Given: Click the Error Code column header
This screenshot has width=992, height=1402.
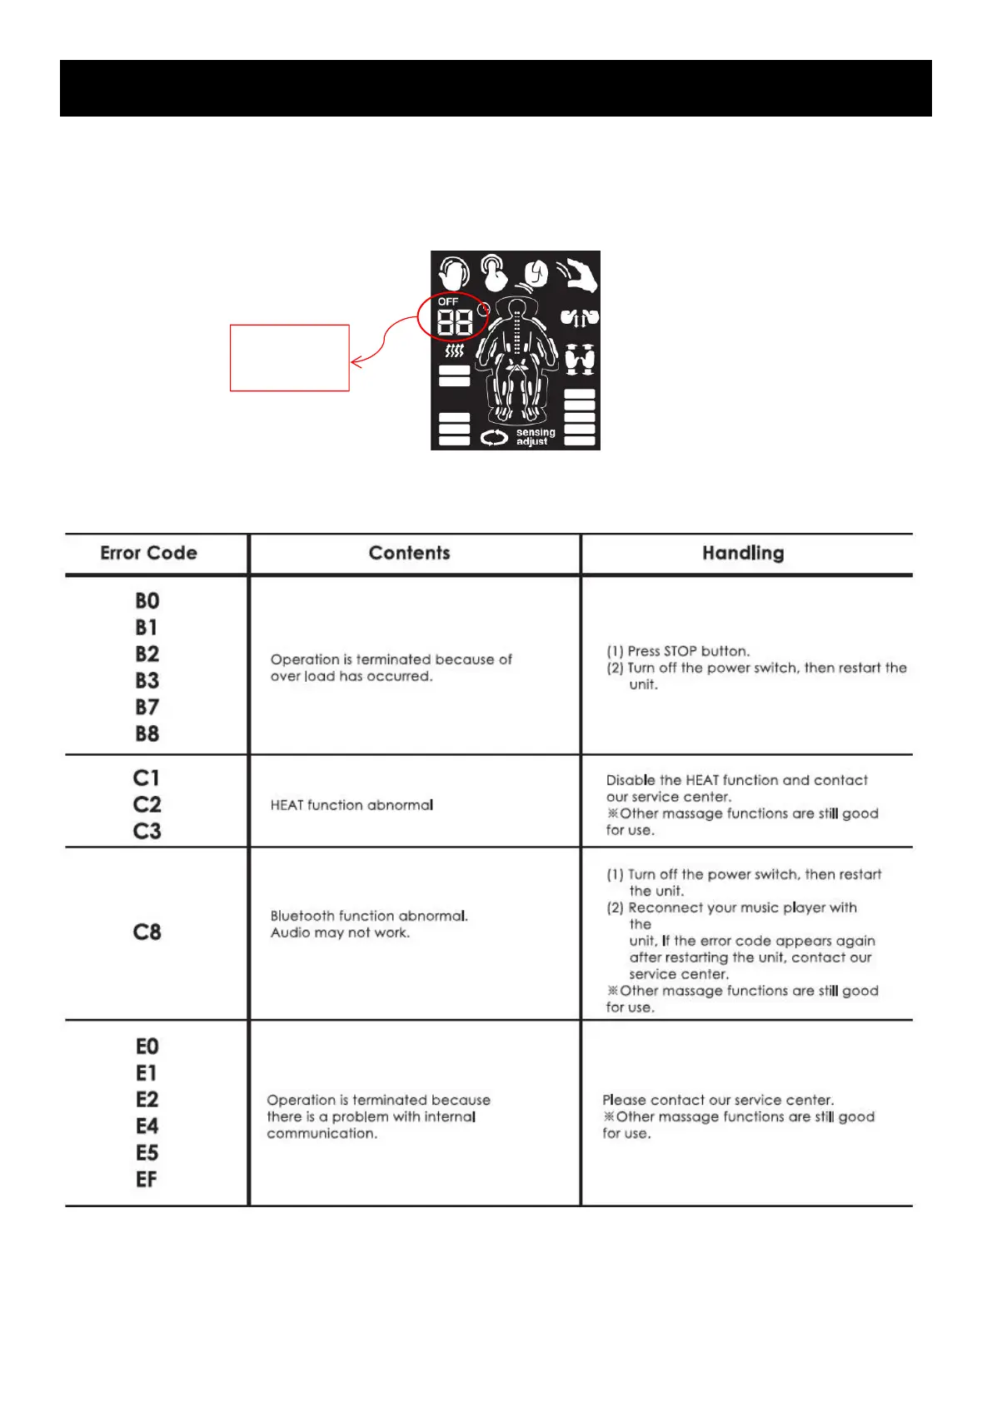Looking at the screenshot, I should pos(148,554).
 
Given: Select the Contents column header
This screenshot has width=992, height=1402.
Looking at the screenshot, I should pos(409,554).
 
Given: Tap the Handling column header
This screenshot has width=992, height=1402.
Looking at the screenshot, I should pos(743,554).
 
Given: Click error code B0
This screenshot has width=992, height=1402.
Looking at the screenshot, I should pos(147,601).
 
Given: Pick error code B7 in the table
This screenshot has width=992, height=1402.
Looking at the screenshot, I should pos(147,708).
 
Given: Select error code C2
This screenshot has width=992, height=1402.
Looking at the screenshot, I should pos(147,805).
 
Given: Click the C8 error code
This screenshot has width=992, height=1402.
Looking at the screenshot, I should pos(147,932).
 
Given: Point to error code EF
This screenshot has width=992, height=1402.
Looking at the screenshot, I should pos(147,1180).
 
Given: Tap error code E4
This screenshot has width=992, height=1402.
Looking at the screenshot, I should pos(147,1126).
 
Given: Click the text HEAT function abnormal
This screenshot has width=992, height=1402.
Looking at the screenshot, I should pos(351,805).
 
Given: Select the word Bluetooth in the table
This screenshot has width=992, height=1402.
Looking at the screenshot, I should pos(302,916).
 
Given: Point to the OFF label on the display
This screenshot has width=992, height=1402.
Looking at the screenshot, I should pos(448,301).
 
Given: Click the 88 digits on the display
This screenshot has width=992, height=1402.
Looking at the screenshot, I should pos(455,322).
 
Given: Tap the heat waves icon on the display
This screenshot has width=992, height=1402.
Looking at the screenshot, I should pos(454,351).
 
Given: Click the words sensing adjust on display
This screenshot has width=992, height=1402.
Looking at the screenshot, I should pos(535,437).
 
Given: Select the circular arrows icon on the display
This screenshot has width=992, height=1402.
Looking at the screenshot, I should pos(494,437).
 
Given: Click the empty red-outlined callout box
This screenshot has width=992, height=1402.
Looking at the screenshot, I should pos(289,358).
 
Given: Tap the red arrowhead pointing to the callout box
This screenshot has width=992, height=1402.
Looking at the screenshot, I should pos(356,361).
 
